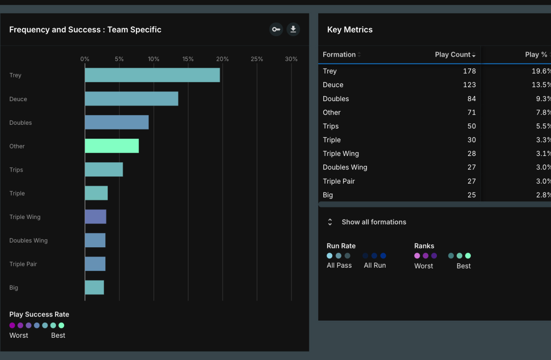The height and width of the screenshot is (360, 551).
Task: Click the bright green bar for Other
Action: (112, 146)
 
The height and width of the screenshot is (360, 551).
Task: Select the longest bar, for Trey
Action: (152, 75)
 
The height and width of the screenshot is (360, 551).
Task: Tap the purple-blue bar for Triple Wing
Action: (96, 217)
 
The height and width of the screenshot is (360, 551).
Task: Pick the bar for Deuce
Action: (131, 99)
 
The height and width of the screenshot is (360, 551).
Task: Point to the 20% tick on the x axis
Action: (222, 59)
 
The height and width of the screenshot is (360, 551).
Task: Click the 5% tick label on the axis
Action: (119, 59)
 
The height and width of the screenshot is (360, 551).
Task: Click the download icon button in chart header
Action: (293, 30)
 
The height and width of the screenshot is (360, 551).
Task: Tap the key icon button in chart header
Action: (276, 30)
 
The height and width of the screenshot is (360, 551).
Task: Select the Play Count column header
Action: (455, 55)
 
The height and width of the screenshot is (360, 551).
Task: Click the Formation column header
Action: (339, 55)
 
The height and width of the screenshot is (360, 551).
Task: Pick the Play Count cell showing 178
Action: (469, 71)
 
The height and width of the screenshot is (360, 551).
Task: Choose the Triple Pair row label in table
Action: (339, 181)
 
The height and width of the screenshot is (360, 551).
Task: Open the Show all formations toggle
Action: (373, 222)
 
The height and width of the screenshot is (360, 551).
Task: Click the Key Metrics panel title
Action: (350, 30)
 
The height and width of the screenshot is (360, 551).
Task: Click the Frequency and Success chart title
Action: (85, 30)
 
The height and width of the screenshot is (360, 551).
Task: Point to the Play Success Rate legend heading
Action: (39, 315)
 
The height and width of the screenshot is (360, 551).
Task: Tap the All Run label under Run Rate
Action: (375, 265)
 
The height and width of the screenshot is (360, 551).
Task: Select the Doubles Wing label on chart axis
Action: (28, 240)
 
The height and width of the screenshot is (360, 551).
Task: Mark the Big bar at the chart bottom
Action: (95, 288)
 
